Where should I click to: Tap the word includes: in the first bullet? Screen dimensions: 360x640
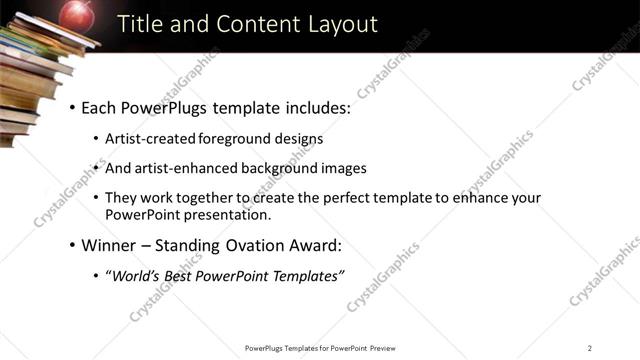[316, 107]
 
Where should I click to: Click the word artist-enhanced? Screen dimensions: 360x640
[193, 168]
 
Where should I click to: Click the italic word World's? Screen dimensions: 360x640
[136, 275]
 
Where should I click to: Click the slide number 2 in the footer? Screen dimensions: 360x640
[590, 348]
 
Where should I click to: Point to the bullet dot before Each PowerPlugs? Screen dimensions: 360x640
[72, 107]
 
